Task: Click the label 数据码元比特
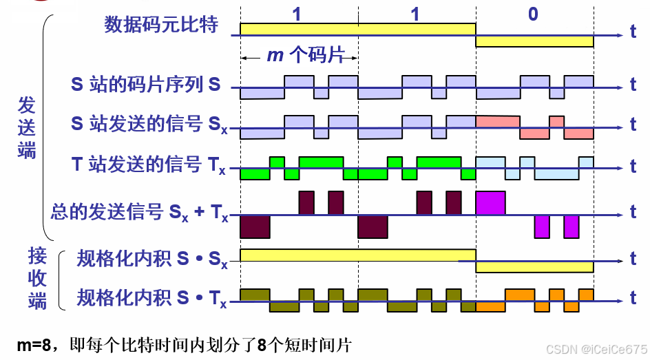(161, 25)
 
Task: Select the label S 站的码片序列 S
(146, 85)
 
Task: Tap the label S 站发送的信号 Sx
(149, 125)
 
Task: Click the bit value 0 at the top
(533, 14)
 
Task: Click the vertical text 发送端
(26, 129)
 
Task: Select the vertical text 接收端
(38, 279)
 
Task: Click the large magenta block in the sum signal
(490, 202)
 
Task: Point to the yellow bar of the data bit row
(357, 29)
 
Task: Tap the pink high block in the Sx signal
(496, 120)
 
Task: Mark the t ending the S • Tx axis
(633, 299)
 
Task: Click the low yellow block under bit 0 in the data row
(534, 41)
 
